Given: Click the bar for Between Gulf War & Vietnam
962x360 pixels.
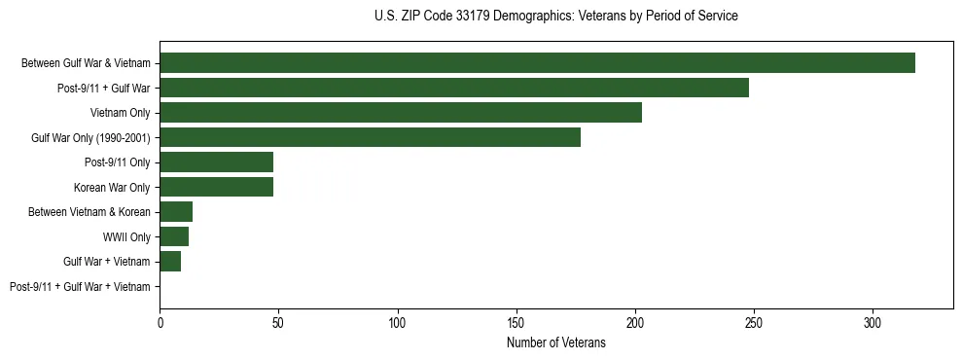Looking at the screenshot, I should (537, 63).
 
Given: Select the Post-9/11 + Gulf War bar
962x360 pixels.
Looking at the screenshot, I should (454, 88).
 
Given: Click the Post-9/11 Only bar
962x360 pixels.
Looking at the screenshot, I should (216, 162).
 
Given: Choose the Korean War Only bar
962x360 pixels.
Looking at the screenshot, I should (216, 187).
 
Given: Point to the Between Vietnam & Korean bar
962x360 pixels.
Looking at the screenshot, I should (176, 212).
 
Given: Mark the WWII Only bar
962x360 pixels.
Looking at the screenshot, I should (174, 236).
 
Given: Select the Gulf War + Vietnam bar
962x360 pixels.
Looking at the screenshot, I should (170, 262).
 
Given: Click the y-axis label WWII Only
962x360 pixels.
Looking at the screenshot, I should (126, 236).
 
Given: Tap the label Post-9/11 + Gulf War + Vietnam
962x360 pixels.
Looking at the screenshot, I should (80, 287).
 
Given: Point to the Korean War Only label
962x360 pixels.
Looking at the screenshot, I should (112, 187).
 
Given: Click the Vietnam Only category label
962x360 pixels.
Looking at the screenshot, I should (121, 113).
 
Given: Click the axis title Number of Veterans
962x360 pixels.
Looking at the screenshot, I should (555, 342).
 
